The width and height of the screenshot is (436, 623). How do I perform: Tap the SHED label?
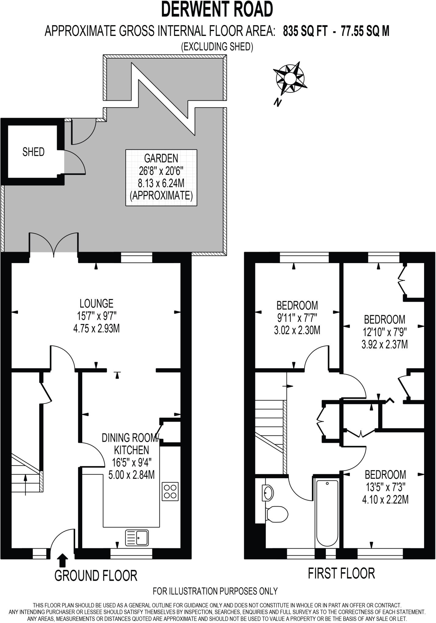pos(33,152)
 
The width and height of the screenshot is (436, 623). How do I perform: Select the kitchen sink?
pos(137,537)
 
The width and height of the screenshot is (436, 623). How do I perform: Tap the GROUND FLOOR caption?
pos(96,576)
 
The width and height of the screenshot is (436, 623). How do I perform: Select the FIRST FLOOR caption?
pos(341,573)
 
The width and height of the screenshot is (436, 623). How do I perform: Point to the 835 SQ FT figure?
pos(305,31)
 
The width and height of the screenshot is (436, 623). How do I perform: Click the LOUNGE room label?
pos(97,303)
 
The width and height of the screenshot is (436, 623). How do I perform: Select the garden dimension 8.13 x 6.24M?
pos(161,183)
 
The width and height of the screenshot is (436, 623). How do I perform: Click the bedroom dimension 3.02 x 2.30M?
pos(297,330)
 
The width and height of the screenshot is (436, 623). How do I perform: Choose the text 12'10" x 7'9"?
pos(385,332)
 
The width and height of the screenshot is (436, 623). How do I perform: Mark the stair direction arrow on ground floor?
pos(25,485)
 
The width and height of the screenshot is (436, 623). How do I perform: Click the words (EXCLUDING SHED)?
pos(217,47)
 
